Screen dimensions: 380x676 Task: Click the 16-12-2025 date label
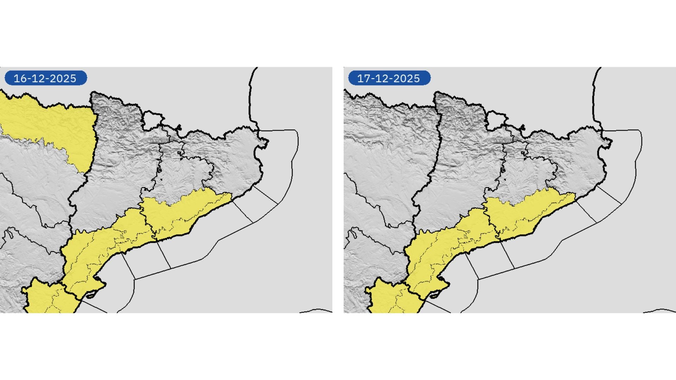pyautogui.click(x=45, y=78)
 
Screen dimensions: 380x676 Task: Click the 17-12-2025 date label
pyautogui.click(x=389, y=78)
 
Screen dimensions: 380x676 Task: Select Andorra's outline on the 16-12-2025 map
pyautogui.click(x=152, y=120)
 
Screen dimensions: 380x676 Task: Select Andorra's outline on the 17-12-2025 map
pyautogui.click(x=496, y=120)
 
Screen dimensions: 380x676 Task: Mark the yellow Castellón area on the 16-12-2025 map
pyautogui.click(x=46, y=299)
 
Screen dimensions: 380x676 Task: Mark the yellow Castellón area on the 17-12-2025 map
pyautogui.click(x=389, y=299)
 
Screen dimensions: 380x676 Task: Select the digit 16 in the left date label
pyautogui.click(x=20, y=78)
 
